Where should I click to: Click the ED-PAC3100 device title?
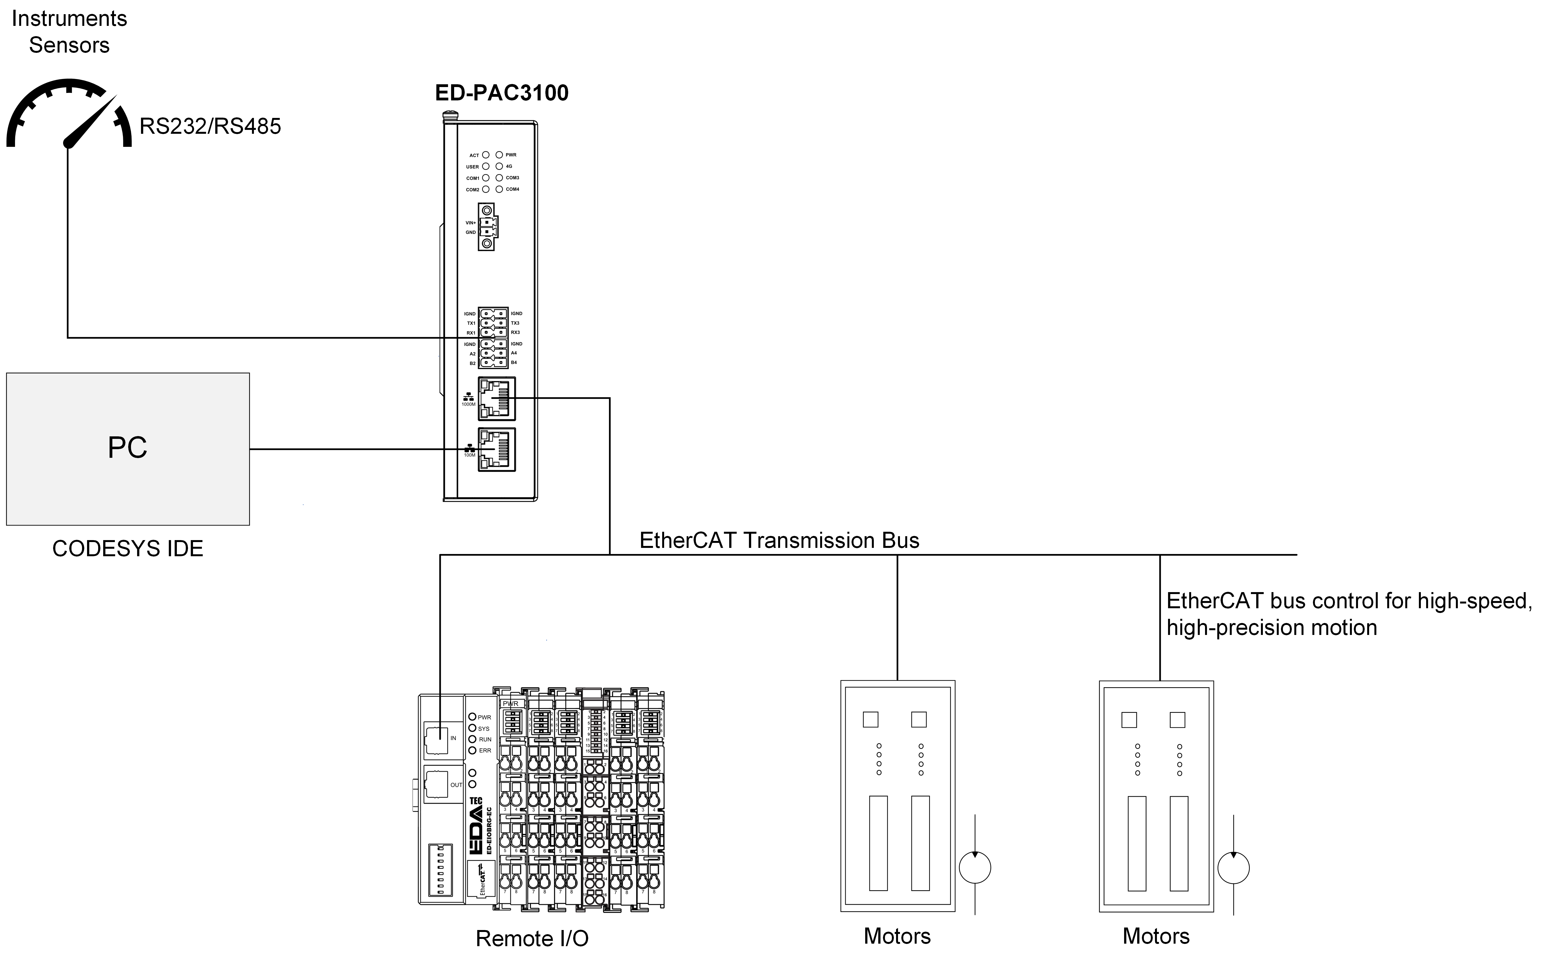tap(501, 93)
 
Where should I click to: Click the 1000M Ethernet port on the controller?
tap(496, 398)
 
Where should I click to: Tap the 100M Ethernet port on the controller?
tap(496, 449)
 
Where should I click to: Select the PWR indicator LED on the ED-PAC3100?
tap(499, 155)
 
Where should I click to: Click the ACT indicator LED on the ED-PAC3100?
tap(486, 155)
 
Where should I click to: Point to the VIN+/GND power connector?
tap(487, 227)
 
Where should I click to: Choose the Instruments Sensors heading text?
tap(69, 32)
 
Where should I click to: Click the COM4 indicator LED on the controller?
tap(499, 189)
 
